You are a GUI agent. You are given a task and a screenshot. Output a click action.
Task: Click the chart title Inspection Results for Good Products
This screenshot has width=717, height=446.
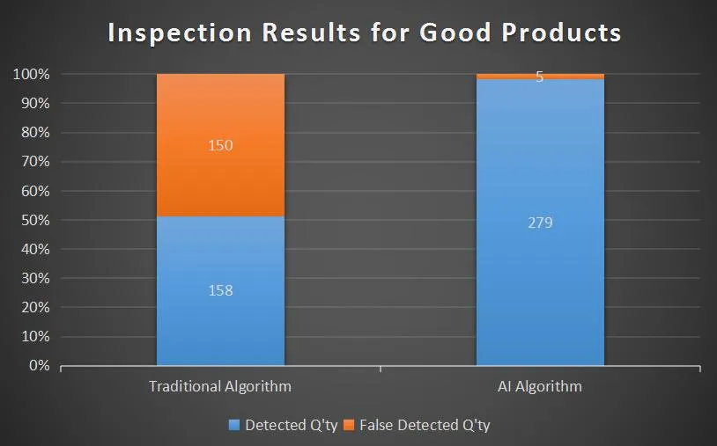click(x=364, y=33)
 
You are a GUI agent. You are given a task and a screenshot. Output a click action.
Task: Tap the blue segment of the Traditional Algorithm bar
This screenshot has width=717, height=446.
click(x=220, y=325)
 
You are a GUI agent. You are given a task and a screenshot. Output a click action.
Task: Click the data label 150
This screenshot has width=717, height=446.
click(x=220, y=145)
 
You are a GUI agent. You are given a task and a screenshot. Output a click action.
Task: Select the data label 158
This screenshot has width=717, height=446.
click(x=220, y=289)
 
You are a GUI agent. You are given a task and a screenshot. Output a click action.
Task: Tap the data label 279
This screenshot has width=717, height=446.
click(x=540, y=223)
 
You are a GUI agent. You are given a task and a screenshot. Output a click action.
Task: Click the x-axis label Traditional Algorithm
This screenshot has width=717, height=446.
click(x=220, y=386)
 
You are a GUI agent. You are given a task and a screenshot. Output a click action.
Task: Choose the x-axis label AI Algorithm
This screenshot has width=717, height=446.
click(x=540, y=386)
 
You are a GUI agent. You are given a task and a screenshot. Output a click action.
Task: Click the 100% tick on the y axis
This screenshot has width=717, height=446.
click(x=31, y=75)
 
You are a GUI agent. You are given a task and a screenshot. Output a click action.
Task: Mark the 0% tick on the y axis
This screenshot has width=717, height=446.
click(x=38, y=365)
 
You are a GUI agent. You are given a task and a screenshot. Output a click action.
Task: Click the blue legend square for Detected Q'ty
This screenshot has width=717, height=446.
click(x=234, y=426)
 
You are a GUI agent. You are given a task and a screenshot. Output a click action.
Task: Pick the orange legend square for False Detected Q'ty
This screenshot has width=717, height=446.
click(x=349, y=426)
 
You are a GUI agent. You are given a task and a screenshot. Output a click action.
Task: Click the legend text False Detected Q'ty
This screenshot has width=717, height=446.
click(x=425, y=426)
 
